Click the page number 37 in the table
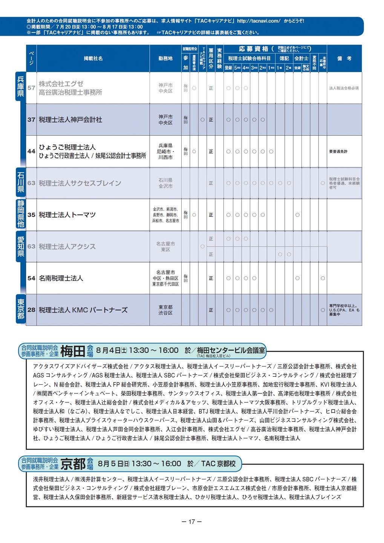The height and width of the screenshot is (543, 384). click(x=31, y=120)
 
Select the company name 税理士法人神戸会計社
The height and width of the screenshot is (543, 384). click(x=70, y=120)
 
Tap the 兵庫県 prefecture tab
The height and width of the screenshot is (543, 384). click(x=20, y=86)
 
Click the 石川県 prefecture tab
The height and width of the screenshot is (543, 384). click(x=20, y=182)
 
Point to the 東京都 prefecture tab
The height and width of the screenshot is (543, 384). click(x=20, y=309)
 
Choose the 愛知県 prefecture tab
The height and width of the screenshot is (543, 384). click(x=20, y=246)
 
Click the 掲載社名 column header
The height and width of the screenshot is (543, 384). click(x=93, y=58)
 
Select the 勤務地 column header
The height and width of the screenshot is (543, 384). click(x=165, y=58)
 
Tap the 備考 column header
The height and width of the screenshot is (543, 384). click(x=344, y=58)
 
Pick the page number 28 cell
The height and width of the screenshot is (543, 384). click(x=31, y=310)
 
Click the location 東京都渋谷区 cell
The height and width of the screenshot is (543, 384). click(x=165, y=310)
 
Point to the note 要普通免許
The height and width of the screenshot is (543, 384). click(x=338, y=152)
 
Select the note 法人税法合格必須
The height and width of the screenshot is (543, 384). click(x=344, y=88)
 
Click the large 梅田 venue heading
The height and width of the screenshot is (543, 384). click(x=72, y=351)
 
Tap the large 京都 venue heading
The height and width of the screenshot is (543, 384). click(x=73, y=464)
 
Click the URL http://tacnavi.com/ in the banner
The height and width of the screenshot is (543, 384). click(x=259, y=21)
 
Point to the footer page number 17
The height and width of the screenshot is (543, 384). click(x=192, y=522)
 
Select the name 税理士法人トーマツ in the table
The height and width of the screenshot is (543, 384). click(x=67, y=215)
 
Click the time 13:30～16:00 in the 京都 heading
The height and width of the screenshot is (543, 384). click(x=156, y=464)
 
